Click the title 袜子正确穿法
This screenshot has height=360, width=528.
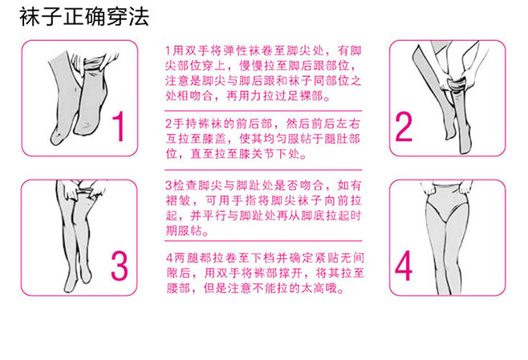(x=84, y=17)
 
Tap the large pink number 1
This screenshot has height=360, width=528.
(x=118, y=127)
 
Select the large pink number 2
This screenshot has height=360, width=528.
(x=404, y=127)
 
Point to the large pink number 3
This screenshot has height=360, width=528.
(x=120, y=266)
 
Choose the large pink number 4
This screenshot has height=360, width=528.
(x=404, y=266)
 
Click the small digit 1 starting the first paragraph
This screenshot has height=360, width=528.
(x=168, y=51)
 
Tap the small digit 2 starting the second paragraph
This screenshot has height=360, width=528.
(x=169, y=123)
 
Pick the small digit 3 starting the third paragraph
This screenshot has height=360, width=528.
(x=169, y=185)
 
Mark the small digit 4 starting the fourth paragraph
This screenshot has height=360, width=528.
(x=169, y=258)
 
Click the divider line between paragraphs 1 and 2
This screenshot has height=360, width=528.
(x=263, y=111)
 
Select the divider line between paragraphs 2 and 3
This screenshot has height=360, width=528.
(x=263, y=170)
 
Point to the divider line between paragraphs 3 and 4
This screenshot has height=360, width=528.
(x=263, y=241)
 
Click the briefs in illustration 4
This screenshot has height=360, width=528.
(x=447, y=201)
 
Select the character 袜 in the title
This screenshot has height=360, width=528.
(x=30, y=17)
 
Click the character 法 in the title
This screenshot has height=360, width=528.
(x=139, y=17)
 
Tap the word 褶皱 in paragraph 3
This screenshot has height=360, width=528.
(x=178, y=201)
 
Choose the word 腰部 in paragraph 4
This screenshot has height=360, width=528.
(x=179, y=289)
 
